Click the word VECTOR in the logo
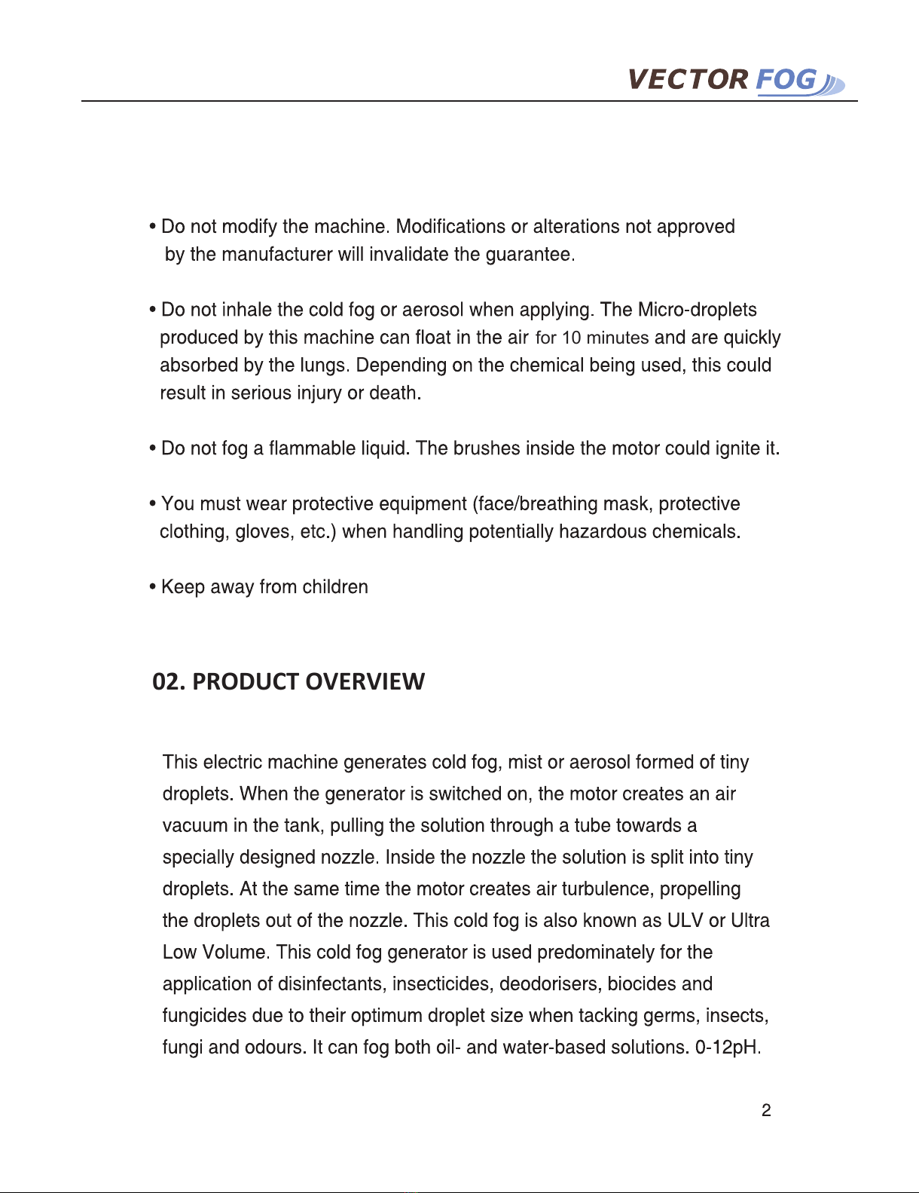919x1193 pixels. coord(688,80)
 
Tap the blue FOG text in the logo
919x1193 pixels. coord(786,80)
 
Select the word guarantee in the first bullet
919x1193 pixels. coord(528,255)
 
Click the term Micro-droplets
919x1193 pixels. coord(697,310)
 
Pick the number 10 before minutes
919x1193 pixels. coord(571,338)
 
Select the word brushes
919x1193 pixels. coord(487,449)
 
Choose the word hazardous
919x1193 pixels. coord(603,532)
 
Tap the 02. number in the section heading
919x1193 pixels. coord(169,681)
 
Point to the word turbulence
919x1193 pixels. coord(608,889)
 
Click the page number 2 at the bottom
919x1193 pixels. coord(766,1110)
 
